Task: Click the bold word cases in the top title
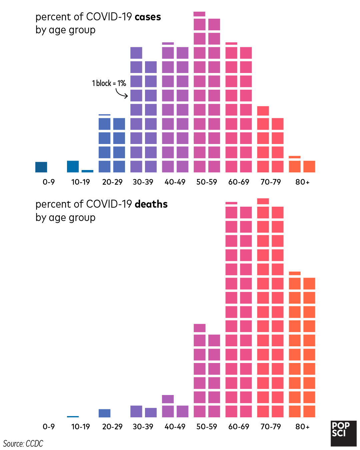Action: (148, 17)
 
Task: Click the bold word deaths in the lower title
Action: (151, 204)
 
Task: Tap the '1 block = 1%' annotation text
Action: (109, 83)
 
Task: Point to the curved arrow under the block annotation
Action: (122, 94)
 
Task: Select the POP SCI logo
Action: (343, 433)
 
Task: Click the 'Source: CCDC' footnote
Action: (23, 444)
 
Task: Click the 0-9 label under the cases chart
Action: (49, 182)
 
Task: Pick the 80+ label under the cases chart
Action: (302, 182)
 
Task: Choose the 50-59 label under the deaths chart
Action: (207, 427)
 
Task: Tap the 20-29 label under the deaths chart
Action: (112, 427)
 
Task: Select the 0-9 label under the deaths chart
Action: (49, 427)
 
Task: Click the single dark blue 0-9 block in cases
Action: (41, 167)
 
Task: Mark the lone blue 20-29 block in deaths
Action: (104, 413)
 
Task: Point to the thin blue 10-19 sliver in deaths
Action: (73, 417)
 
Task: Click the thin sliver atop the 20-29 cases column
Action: (104, 115)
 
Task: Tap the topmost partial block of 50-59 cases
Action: (199, 14)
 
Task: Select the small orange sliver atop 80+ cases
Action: (295, 157)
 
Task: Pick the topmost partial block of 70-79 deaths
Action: (263, 201)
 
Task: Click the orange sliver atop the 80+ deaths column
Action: (295, 273)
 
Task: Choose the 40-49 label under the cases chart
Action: (175, 182)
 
